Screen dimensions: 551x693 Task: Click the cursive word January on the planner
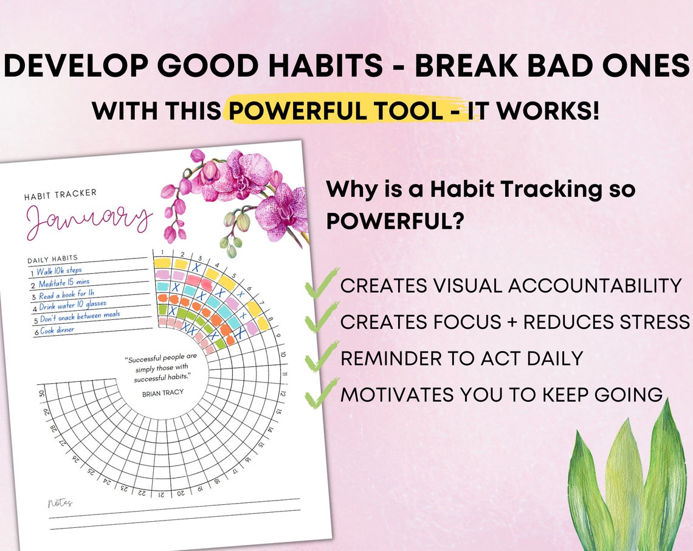pos(88,220)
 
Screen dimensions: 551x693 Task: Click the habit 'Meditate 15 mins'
pos(64,283)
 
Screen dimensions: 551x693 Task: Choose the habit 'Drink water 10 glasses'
pos(73,305)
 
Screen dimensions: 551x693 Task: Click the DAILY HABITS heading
pos(52,260)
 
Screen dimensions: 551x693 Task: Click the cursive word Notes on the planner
pos(60,503)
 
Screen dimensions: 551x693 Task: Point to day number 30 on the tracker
pos(42,393)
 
